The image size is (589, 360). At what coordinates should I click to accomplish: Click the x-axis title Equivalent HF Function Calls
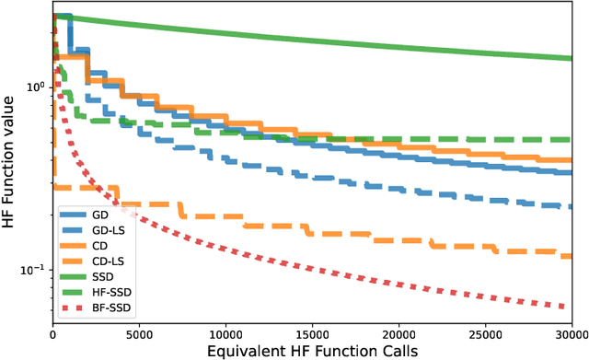click(312, 349)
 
